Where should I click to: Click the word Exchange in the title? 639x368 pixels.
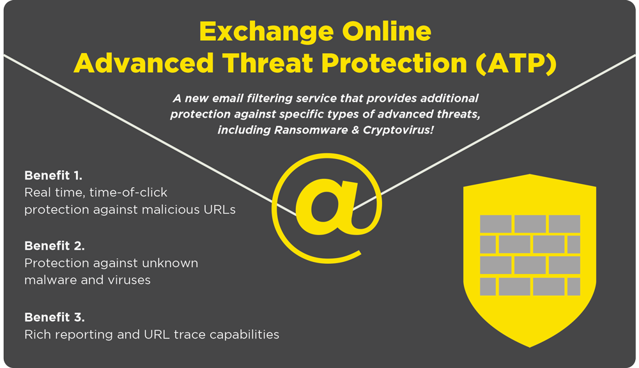266,33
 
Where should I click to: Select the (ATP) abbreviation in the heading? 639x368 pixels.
516,63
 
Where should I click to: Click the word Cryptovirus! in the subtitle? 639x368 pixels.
398,130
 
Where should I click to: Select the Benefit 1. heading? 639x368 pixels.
54,176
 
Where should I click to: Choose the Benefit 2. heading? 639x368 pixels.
54,246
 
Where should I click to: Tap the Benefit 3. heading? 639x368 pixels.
54,317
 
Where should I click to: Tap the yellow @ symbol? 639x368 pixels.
327,208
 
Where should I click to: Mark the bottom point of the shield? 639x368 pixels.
530,347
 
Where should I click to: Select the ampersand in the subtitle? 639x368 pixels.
355,130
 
